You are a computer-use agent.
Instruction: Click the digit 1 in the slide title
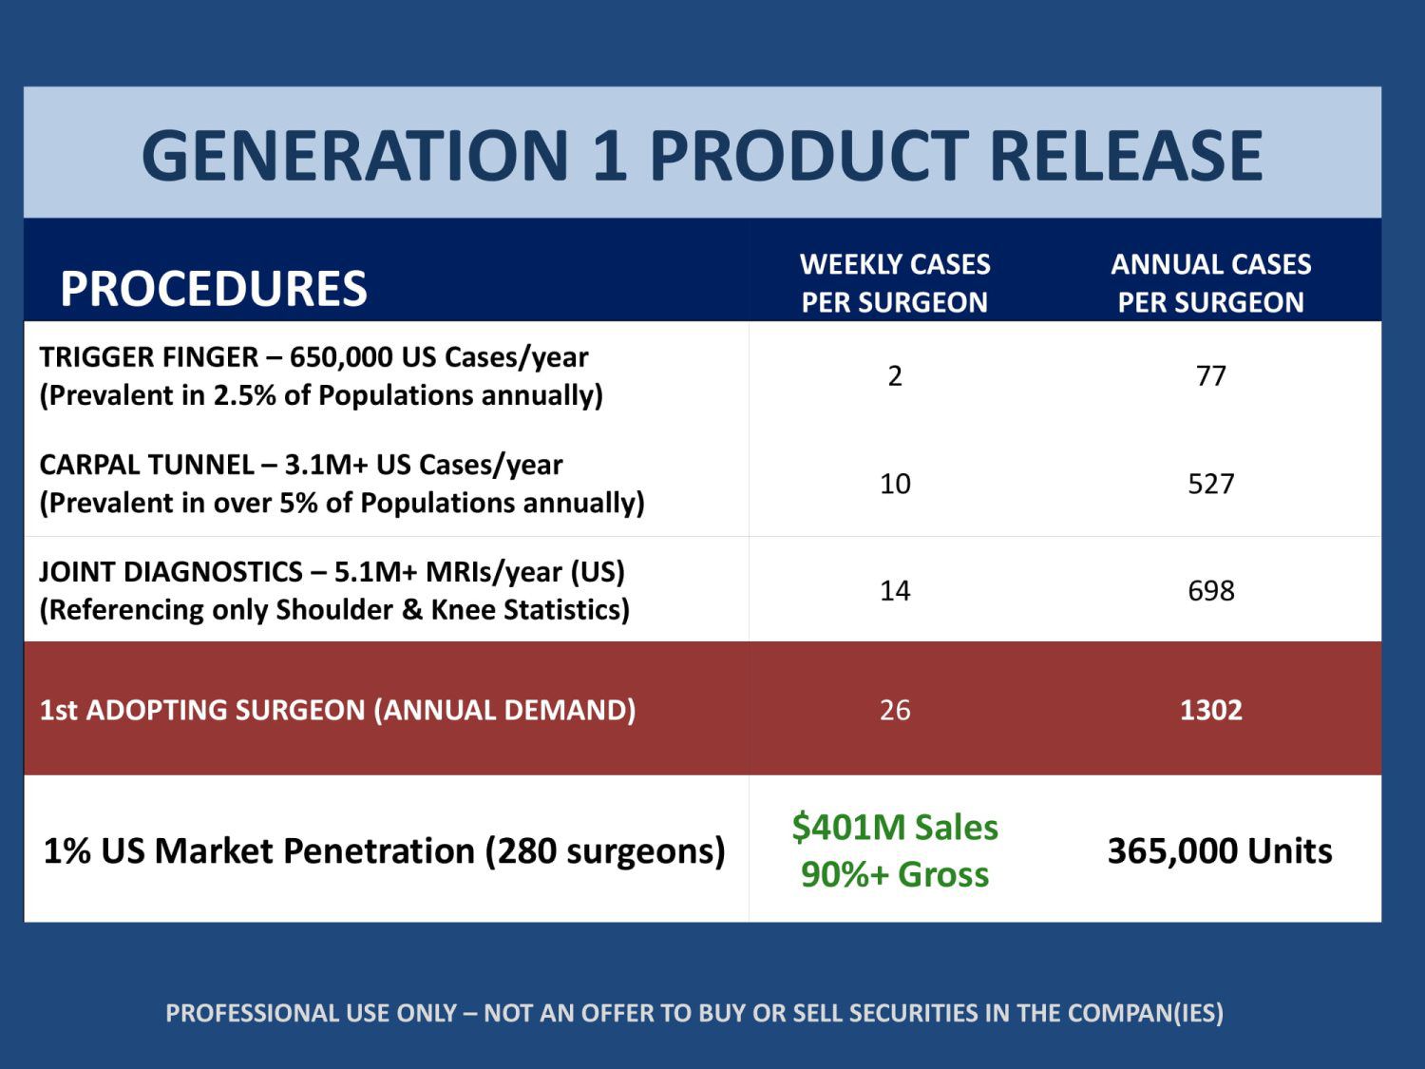click(x=609, y=155)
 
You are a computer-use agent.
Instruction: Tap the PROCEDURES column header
click(x=213, y=288)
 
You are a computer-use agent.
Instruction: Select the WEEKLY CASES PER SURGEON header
click(x=895, y=282)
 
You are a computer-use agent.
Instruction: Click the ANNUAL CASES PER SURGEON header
click(x=1210, y=282)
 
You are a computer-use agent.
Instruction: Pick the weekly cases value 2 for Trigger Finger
click(x=895, y=376)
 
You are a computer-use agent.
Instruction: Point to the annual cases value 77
click(x=1210, y=376)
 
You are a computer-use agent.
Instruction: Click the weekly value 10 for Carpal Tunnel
click(x=895, y=484)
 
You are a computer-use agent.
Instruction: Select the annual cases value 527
click(x=1210, y=484)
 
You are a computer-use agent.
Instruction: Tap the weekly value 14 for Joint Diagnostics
click(x=895, y=591)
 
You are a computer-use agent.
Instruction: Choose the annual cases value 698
click(x=1210, y=591)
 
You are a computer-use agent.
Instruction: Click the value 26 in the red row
click(x=895, y=710)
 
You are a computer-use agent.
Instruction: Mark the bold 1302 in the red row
click(x=1210, y=710)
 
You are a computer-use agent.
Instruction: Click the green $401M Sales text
click(x=895, y=828)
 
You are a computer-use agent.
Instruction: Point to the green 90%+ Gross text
click(x=895, y=874)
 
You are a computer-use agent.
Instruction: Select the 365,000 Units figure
click(x=1220, y=850)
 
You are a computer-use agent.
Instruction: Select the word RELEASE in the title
click(x=1126, y=155)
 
